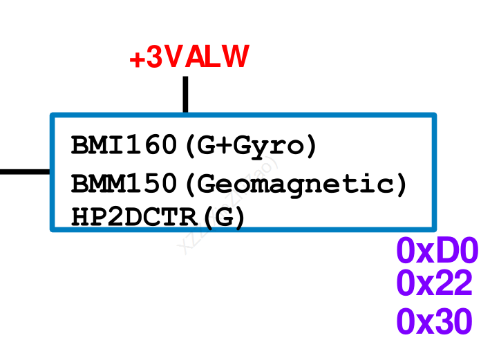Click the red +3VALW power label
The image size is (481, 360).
coord(188,58)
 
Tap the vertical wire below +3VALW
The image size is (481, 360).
coord(185,94)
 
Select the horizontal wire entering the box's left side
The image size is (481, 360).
coord(25,171)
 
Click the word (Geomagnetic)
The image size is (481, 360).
coord(297,184)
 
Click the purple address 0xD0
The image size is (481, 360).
coord(437,252)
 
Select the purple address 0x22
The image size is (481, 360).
coord(435,284)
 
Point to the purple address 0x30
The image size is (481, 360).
coord(435,322)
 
